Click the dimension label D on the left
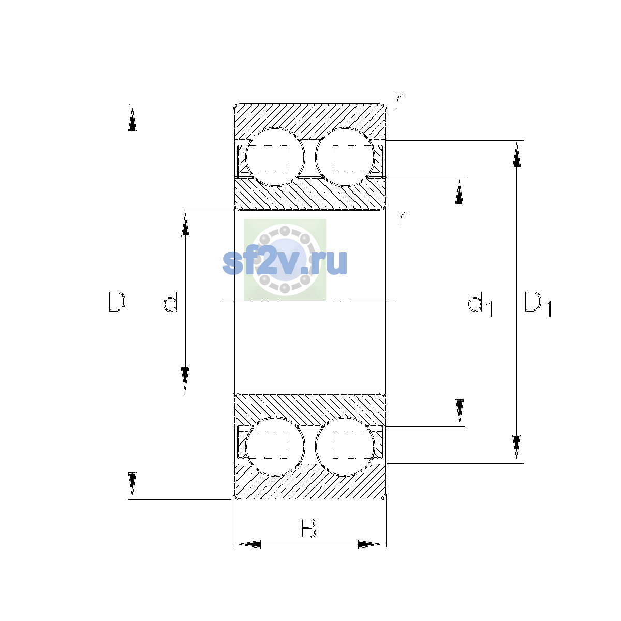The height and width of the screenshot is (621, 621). coord(117,302)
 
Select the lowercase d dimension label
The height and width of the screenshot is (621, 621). coord(170,302)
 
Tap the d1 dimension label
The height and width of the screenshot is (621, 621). coord(480,304)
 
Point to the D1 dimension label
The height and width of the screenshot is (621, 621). coord(538,304)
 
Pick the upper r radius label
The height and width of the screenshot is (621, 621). coord(399,101)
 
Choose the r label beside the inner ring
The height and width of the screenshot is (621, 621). coord(402,218)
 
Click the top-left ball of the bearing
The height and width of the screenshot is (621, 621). coord(275,157)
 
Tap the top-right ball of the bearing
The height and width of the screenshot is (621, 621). coord(345,157)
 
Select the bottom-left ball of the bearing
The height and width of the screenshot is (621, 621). coord(275,446)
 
